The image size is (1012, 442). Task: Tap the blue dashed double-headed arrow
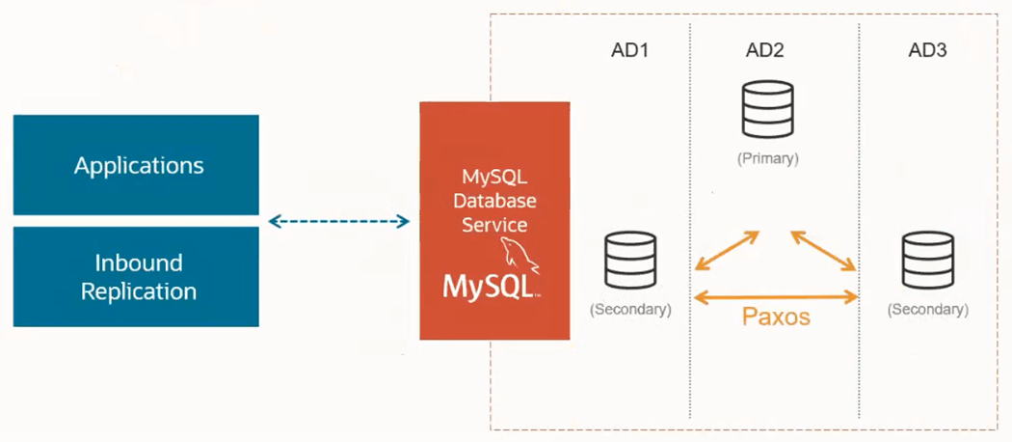point(338,222)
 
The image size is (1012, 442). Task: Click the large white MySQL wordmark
point(489,286)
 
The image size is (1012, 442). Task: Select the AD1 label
point(630,50)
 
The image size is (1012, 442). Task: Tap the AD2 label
point(764,50)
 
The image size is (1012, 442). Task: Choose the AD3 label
point(927,50)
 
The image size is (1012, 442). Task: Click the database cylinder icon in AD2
point(767,109)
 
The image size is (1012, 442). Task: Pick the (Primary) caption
point(767,157)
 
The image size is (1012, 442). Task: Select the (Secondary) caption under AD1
point(630,310)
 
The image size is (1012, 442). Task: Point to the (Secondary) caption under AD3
point(927,310)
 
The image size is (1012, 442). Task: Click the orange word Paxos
point(776,317)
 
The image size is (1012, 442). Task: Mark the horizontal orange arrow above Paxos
point(776,296)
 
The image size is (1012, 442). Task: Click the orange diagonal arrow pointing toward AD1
point(727,250)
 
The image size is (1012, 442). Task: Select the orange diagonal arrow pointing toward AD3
point(824,250)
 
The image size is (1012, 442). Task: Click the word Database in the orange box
point(494,202)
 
